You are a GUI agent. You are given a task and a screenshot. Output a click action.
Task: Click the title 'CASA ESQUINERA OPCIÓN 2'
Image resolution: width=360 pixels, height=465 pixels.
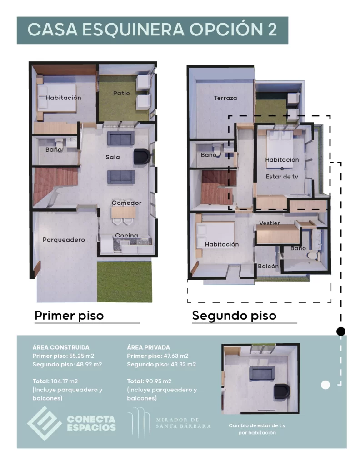152,30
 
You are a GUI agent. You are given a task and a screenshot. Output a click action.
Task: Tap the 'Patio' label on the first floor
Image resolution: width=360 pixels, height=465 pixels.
121,93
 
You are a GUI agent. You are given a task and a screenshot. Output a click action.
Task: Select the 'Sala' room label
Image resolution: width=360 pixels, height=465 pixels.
113,157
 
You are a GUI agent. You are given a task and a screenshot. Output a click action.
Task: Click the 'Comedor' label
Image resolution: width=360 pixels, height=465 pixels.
126,203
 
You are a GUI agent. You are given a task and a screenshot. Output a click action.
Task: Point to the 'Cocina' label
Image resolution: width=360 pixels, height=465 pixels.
126,235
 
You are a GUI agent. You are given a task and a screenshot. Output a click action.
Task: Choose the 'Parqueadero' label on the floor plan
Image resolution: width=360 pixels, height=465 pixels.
64,240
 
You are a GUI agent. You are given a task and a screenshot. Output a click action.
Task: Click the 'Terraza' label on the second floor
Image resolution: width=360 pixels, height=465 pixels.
225,98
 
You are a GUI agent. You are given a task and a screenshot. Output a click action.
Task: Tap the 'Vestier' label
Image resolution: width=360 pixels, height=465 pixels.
270,223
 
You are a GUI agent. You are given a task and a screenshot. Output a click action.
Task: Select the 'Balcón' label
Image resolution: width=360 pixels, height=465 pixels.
268,267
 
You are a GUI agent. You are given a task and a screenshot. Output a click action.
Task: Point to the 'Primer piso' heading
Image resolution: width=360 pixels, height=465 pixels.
69,315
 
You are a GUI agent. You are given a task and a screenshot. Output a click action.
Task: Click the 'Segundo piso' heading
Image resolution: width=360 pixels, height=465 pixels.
234,315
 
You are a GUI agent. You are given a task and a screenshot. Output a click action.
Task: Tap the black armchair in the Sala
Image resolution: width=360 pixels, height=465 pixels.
141,157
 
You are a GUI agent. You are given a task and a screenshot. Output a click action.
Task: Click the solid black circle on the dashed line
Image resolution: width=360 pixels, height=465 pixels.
340,331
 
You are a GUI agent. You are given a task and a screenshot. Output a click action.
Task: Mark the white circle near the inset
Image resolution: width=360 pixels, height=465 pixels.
325,385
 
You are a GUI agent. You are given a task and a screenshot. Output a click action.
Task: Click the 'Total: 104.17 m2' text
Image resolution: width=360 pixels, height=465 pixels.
58,381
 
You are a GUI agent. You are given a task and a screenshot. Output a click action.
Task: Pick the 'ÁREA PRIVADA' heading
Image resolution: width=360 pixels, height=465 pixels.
149,347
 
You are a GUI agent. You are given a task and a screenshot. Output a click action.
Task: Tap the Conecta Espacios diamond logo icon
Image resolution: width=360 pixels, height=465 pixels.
44,423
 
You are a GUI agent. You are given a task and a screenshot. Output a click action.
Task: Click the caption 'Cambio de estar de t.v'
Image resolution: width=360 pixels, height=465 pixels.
257,426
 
